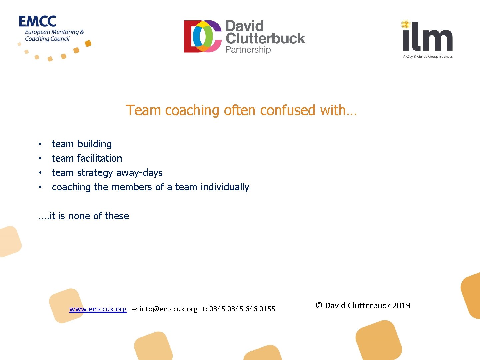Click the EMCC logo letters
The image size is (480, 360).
[x=37, y=21]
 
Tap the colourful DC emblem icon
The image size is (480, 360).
[x=203, y=36]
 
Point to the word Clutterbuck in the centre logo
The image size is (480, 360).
[x=265, y=38]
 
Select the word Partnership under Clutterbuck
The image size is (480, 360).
[x=248, y=50]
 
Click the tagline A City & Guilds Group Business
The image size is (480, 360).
[x=427, y=56]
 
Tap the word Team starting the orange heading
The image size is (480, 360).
[x=144, y=110]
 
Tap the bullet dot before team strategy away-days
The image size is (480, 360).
[x=40, y=173]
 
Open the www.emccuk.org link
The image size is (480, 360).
[x=98, y=309]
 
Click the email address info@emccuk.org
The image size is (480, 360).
[x=168, y=309]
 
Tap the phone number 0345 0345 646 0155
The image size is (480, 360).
[x=242, y=309]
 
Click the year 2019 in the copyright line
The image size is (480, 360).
[x=401, y=306]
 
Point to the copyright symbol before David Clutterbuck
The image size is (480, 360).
[x=319, y=306]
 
